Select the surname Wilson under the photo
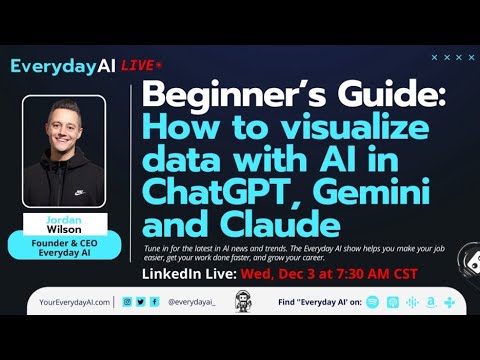pos(64,226)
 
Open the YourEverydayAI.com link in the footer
pos(69,301)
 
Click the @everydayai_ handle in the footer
pos(190,301)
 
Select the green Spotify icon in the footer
pos(372,301)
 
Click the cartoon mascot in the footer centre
pos(240,301)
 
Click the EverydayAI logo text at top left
pos(63,66)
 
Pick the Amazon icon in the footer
pos(430,301)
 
